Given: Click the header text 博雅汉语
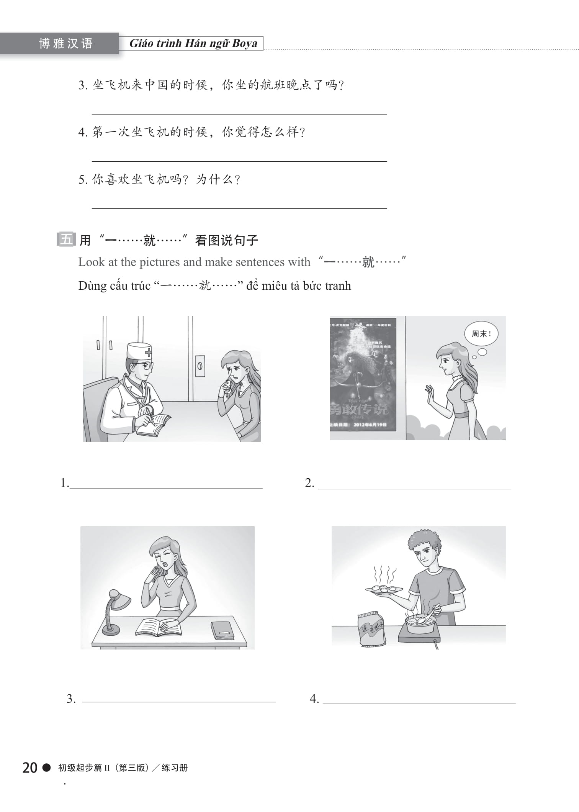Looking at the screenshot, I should tap(66, 43).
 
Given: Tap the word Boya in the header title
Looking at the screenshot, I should tap(244, 43).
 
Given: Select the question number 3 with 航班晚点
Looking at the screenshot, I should tap(83, 85).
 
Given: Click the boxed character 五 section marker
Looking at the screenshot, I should tap(66, 239).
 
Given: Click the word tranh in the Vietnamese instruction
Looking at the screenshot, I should tap(338, 286).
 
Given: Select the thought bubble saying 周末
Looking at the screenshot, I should tap(481, 334).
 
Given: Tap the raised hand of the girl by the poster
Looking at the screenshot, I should tap(430, 395).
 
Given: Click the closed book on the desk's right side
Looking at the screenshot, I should tap(222, 630).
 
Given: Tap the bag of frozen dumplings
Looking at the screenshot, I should tap(371, 629).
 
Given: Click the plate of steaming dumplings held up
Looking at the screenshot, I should tap(384, 590).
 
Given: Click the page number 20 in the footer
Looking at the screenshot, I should tap(30, 768).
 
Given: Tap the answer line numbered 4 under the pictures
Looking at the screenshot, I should tap(419, 702).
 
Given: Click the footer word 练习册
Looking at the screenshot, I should tap(175, 768).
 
